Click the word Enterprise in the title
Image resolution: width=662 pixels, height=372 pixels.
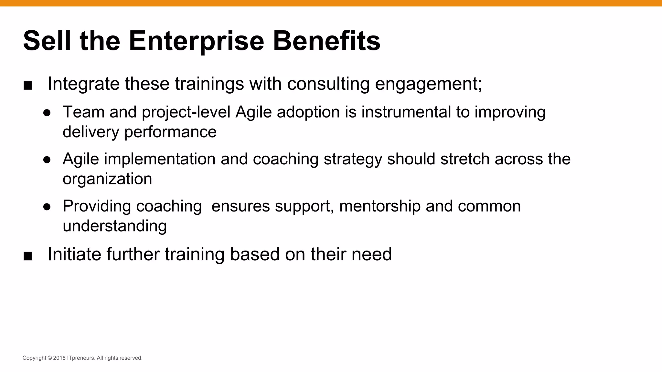pyautogui.click(x=196, y=41)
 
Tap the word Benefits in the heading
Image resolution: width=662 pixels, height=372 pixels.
pyautogui.click(x=326, y=41)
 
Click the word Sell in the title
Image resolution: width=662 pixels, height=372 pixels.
pyautogui.click(x=47, y=41)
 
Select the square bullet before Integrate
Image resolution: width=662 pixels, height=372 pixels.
pyautogui.click(x=28, y=86)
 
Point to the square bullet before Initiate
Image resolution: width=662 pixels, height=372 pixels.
pyautogui.click(x=28, y=256)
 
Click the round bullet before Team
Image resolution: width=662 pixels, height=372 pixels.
pyautogui.click(x=47, y=113)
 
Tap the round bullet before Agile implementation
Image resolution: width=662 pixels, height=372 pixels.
pyautogui.click(x=47, y=160)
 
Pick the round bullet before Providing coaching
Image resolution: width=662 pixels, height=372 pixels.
pyautogui.click(x=47, y=207)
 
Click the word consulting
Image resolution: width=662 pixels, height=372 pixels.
pyautogui.click(x=328, y=84)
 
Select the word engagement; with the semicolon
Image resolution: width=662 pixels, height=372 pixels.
pyautogui.click(x=428, y=84)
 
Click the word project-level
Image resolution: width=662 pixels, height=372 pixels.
pyautogui.click(x=186, y=112)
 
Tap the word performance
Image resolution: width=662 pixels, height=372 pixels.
pyautogui.click(x=170, y=132)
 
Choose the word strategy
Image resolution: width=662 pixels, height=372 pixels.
pyautogui.click(x=353, y=159)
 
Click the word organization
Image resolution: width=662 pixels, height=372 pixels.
pyautogui.click(x=107, y=179)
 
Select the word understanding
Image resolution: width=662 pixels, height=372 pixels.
pyautogui.click(x=115, y=226)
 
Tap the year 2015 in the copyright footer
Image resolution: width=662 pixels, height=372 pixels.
pyautogui.click(x=59, y=358)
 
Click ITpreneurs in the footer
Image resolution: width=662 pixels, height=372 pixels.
pyautogui.click(x=81, y=358)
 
